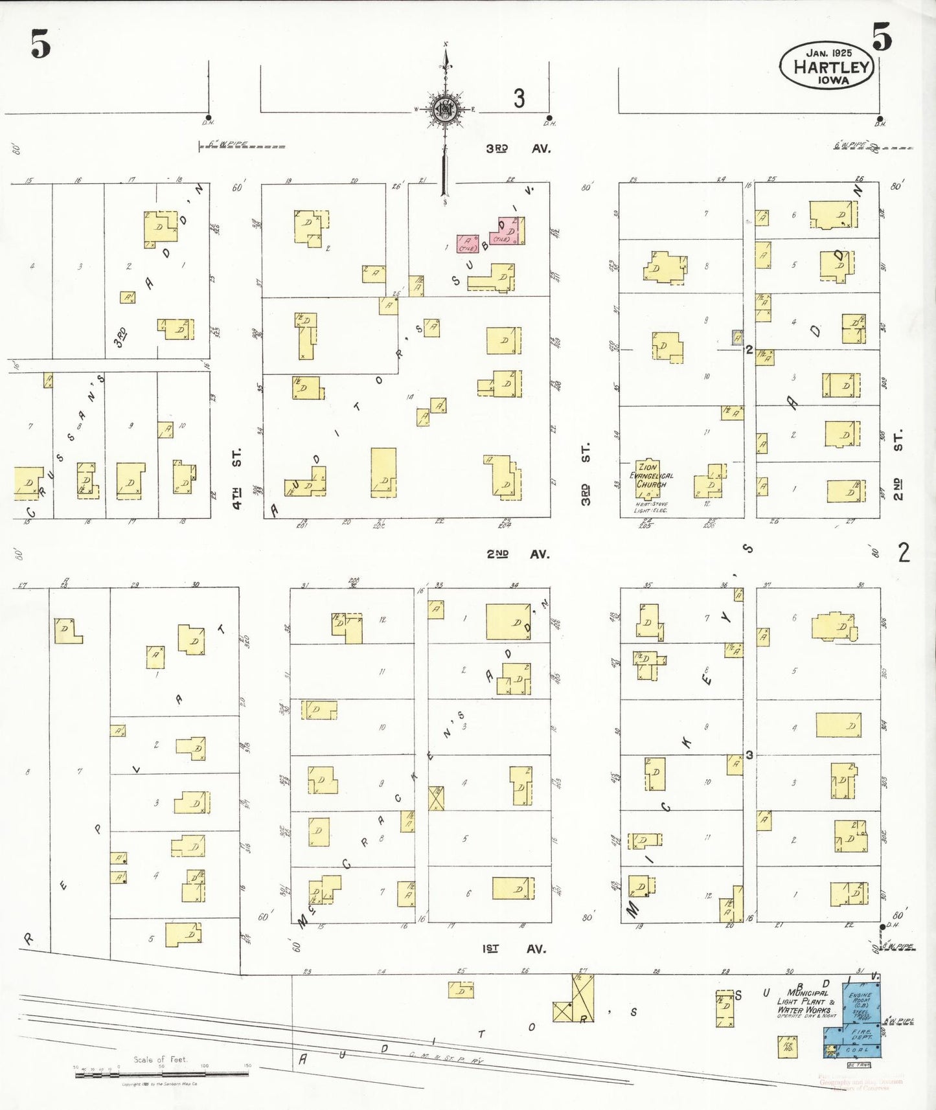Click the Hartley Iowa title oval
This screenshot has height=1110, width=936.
pos(827,66)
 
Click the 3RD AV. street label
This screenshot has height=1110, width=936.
pos(518,148)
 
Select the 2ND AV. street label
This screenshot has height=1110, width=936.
pos(518,554)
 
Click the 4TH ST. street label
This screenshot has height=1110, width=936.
pos(237,477)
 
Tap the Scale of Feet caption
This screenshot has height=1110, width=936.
pos(160,1059)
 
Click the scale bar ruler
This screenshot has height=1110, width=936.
pos(161,1074)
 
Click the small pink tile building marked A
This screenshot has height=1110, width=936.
pos(468,244)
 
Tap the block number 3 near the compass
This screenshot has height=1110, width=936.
pos(519,98)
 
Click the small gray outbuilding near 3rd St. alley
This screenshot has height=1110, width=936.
pos(737,337)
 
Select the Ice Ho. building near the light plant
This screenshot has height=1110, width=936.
pos(788,1047)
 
